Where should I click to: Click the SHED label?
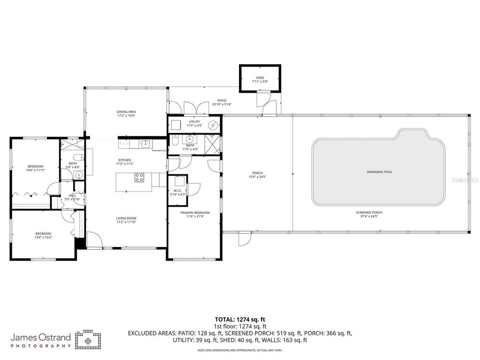click(260, 78)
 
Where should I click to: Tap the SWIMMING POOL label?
click(379, 172)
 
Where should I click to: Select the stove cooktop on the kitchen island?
click(139, 177)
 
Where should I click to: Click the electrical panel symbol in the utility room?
click(213, 125)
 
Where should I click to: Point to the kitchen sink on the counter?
click(146, 143)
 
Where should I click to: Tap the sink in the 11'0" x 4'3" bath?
click(190, 139)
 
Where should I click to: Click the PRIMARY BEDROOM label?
click(195, 213)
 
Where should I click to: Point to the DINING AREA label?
click(126, 112)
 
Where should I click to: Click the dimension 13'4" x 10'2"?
click(43, 238)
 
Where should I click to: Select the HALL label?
click(72, 195)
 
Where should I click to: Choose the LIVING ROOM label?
click(126, 218)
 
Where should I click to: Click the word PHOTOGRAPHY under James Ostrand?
click(41, 346)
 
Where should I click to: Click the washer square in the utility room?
click(176, 125)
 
